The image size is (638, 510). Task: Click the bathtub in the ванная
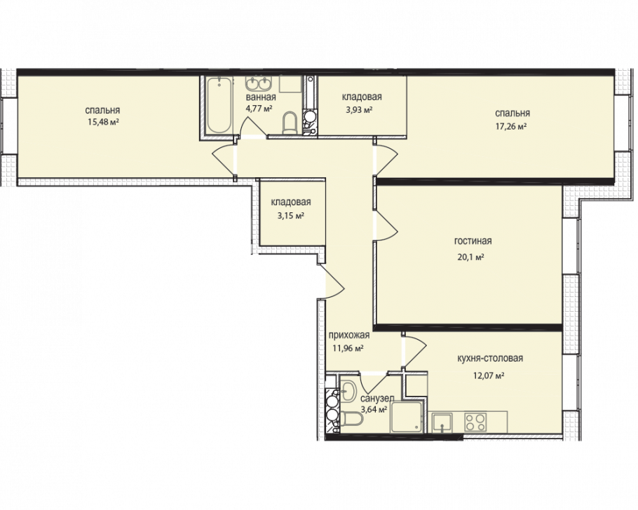(219, 105)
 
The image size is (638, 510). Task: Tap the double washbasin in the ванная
(259, 84)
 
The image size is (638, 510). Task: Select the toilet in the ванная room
(290, 123)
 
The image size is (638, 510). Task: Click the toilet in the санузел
(351, 418)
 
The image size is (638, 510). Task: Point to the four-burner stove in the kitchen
(475, 422)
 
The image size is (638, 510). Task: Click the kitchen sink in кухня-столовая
(442, 422)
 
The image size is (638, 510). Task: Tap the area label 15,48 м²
(102, 122)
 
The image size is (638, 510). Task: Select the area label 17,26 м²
(511, 126)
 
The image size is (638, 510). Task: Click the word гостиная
(473, 241)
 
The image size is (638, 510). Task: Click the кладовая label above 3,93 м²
(362, 97)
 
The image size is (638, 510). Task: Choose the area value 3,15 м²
(291, 216)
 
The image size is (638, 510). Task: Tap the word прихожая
(349, 335)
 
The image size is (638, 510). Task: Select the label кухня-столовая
(490, 358)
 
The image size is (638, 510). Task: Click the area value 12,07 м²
(489, 375)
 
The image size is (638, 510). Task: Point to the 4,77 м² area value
(259, 108)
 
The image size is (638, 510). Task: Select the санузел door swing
(372, 380)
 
